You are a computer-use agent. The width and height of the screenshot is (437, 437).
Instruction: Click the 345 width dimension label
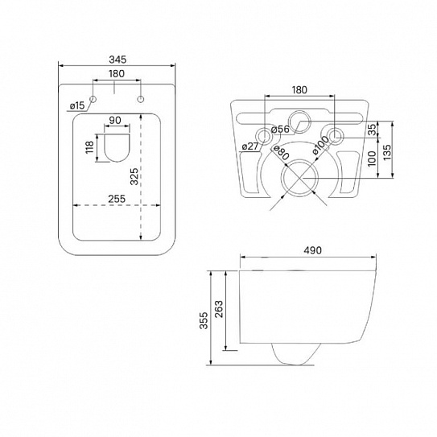(117, 60)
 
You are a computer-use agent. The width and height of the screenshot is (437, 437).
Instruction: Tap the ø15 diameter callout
(76, 105)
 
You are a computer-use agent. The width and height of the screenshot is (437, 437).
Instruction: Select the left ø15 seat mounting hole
(93, 99)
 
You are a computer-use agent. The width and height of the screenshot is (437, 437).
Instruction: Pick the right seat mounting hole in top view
(141, 99)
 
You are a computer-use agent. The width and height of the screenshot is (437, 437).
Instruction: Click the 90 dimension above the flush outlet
(115, 121)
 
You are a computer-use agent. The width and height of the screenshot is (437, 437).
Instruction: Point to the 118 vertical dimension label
(89, 147)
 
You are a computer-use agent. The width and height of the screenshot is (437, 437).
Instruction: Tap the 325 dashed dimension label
(134, 176)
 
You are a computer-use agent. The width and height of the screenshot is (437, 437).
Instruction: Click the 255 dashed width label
(117, 199)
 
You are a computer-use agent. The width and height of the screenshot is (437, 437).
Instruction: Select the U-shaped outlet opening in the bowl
(117, 147)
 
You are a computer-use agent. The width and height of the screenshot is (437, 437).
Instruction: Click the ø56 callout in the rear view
(280, 130)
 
